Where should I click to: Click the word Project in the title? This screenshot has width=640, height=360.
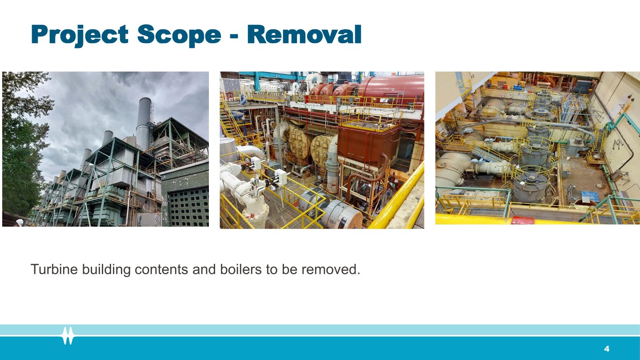click(80, 35)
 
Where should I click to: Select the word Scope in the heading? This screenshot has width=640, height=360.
click(179, 35)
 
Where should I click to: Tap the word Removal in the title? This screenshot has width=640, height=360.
click(304, 34)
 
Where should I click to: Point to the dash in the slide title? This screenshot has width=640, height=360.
click(234, 36)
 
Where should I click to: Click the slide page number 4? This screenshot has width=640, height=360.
click(607, 348)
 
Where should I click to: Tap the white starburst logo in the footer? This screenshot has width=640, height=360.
click(68, 336)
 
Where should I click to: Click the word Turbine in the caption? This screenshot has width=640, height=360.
click(54, 269)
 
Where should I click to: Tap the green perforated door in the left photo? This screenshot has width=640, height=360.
click(188, 206)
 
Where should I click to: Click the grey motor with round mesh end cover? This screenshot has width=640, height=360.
click(342, 214)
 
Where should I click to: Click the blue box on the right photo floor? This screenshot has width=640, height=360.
click(590, 196)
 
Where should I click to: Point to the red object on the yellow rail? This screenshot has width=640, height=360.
click(523, 220)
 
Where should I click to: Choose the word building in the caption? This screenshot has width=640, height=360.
click(106, 269)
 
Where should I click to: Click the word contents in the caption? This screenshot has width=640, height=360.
click(161, 270)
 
